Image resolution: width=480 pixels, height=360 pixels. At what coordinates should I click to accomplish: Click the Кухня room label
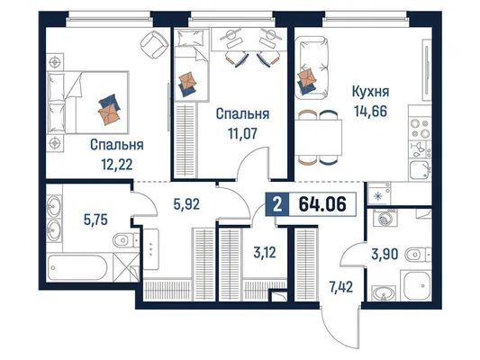point(370,92)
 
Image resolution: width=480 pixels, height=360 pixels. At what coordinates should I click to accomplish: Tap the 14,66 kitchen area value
point(371,111)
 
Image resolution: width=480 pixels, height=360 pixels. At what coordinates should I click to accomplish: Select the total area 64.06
point(322,204)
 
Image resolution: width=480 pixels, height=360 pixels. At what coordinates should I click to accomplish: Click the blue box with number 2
point(277,204)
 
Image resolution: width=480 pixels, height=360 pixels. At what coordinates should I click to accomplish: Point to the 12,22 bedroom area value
point(117,165)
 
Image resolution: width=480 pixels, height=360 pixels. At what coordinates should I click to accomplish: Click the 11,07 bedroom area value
point(242,133)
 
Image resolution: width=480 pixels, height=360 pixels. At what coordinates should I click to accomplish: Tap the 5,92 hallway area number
point(186,204)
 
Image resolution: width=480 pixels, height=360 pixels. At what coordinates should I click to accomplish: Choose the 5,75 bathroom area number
point(95,220)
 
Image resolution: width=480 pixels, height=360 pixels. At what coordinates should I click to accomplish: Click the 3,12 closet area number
point(265,253)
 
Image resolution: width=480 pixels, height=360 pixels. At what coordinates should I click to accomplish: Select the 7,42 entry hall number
point(341,287)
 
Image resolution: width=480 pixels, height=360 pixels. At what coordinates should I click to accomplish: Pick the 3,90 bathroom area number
point(385,254)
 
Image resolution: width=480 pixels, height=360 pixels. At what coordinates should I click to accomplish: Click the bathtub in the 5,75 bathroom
point(77,267)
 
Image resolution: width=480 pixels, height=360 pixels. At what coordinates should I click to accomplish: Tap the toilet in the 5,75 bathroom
point(126,240)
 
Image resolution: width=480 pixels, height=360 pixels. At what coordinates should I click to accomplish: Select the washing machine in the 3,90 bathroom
point(385,218)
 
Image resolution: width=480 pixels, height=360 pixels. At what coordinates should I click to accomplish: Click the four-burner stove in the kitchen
point(420,129)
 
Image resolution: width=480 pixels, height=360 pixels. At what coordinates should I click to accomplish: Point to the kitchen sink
point(420,170)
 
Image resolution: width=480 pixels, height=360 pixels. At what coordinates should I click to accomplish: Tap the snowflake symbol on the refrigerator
point(378,196)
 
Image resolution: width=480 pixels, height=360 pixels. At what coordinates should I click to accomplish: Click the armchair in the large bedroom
point(155,45)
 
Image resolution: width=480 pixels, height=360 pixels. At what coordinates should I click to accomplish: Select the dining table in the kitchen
point(319,138)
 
